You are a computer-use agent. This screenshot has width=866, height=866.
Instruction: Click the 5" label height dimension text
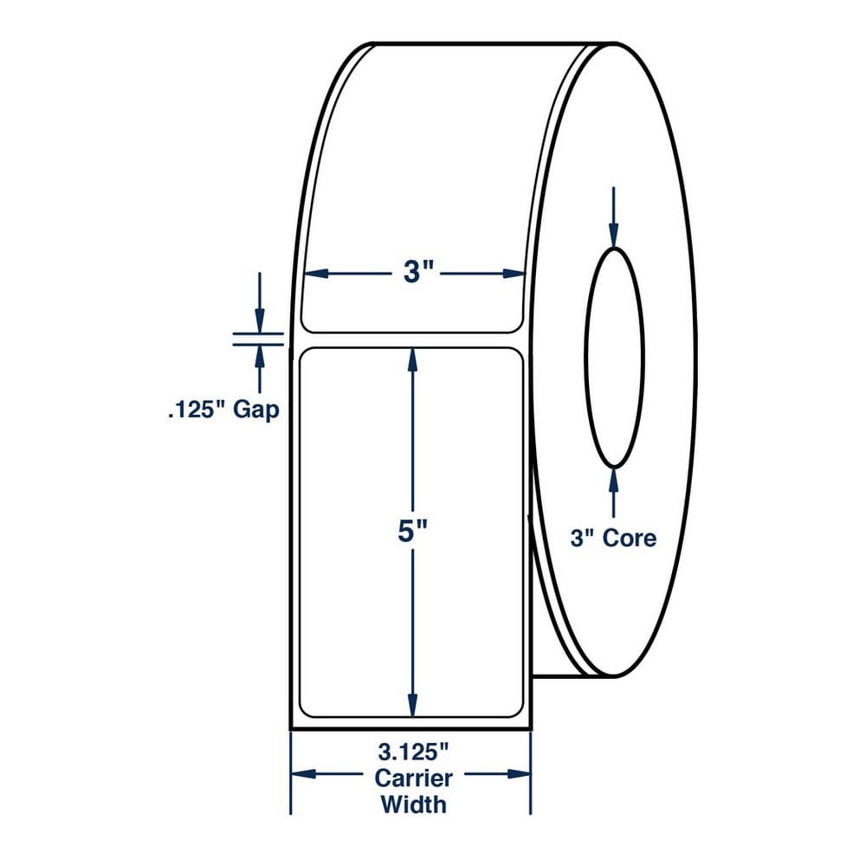[x=413, y=532]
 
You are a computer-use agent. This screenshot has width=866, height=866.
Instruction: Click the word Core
[x=630, y=538]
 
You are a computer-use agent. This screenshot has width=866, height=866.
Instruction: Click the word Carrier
[x=413, y=779]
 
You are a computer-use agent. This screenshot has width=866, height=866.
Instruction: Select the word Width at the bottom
[x=413, y=805]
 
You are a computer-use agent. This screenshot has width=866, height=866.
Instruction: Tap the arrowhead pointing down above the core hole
[x=614, y=234]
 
